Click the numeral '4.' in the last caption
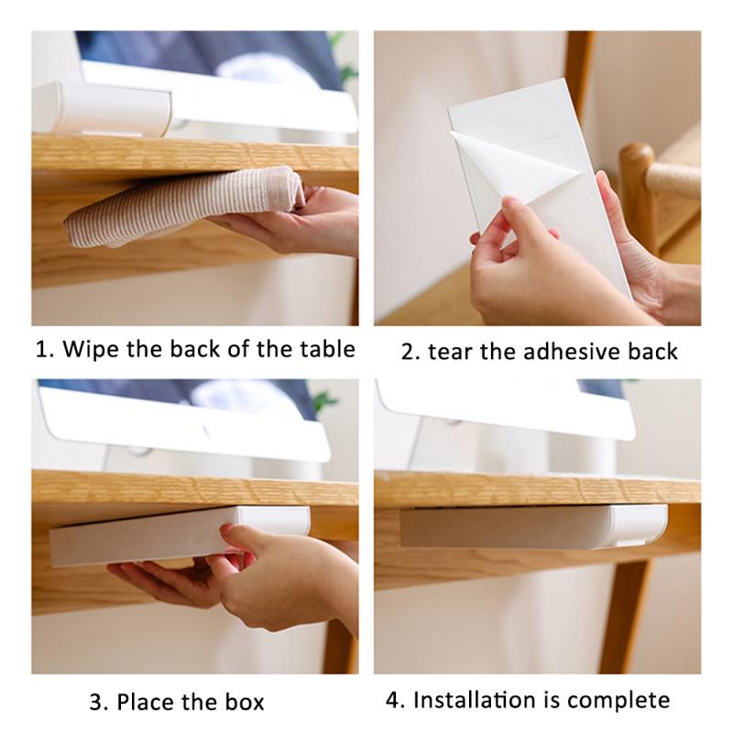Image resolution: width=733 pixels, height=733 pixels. [395, 702]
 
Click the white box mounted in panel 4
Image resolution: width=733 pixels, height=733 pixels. [531, 525]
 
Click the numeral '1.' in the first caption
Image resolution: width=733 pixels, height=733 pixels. [44, 349]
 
